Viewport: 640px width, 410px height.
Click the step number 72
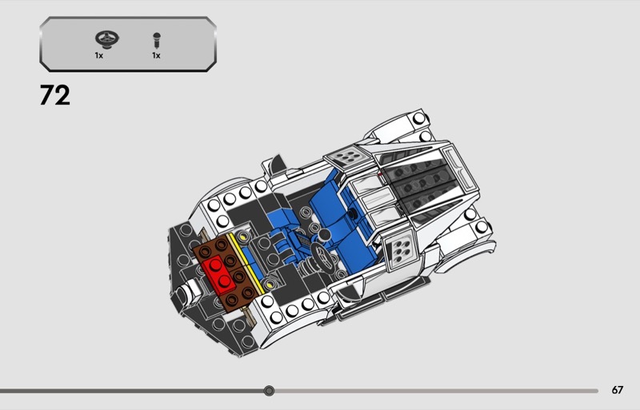click(x=54, y=95)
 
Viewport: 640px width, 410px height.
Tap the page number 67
click(x=617, y=390)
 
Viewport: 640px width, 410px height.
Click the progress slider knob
click(x=269, y=391)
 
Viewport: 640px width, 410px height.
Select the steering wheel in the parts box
click(x=107, y=39)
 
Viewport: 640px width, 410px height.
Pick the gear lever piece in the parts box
click(x=156, y=41)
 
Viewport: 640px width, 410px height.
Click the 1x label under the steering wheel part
click(x=98, y=55)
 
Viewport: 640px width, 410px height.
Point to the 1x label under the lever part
click(x=156, y=55)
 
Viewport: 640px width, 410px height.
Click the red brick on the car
click(x=219, y=275)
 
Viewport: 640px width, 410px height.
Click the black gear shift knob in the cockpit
click(x=324, y=235)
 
